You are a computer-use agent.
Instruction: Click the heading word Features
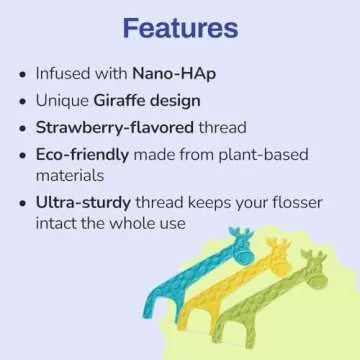tap(180, 27)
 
